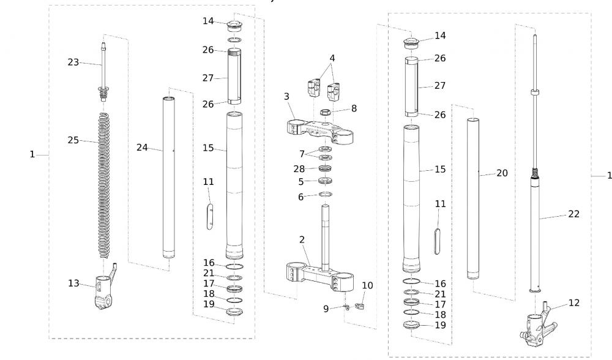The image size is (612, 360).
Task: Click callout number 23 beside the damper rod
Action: pyautogui.click(x=73, y=62)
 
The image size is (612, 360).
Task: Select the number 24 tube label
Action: pyautogui.click(x=142, y=148)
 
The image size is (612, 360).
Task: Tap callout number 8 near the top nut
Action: pyautogui.click(x=354, y=108)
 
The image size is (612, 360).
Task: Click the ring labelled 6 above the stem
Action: pyautogui.click(x=327, y=195)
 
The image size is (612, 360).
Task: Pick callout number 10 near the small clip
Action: pyautogui.click(x=367, y=285)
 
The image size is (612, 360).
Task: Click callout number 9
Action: pyautogui.click(x=326, y=309)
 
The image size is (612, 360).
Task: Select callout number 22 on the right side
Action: pyautogui.click(x=573, y=214)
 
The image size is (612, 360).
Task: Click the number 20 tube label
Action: pyautogui.click(x=502, y=173)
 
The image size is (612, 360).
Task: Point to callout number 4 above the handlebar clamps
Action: pyautogui.click(x=332, y=59)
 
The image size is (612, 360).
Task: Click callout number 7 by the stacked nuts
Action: pyautogui.click(x=301, y=152)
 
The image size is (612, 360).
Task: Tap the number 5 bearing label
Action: pyautogui.click(x=301, y=181)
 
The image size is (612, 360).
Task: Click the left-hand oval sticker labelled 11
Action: pyautogui.click(x=209, y=218)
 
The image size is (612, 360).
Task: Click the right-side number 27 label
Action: pyautogui.click(x=440, y=86)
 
